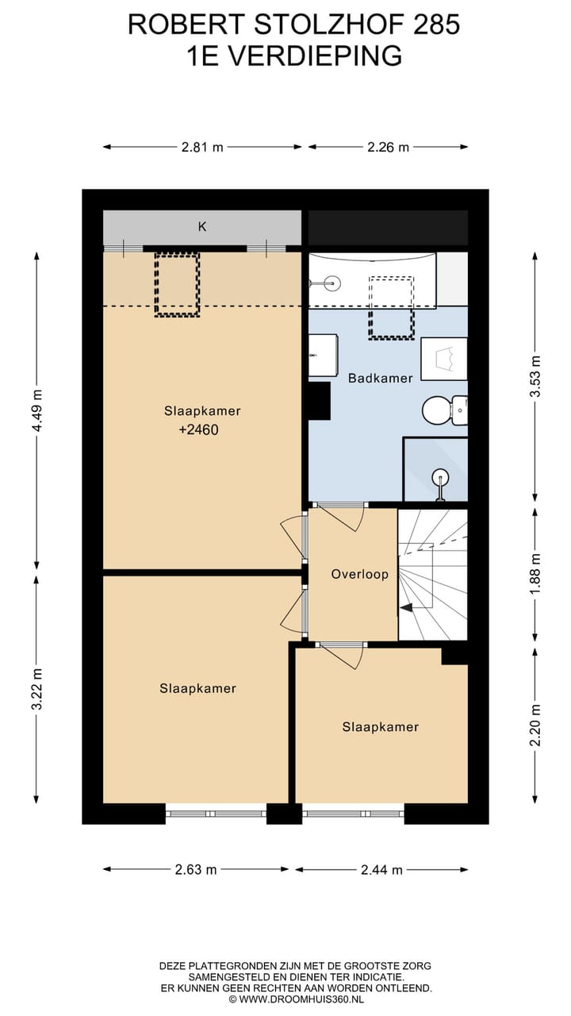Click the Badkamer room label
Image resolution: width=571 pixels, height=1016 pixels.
point(380,379)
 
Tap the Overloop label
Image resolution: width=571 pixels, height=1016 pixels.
point(360,574)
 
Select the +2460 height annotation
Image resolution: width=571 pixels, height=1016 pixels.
point(198,429)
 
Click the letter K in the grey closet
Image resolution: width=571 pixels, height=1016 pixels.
point(202,227)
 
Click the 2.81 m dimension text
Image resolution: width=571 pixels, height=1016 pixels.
point(202,147)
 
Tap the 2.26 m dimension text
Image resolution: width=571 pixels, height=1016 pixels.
point(388,147)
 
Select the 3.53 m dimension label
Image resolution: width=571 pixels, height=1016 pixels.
point(535,376)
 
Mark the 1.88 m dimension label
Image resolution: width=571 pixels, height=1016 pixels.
point(535,574)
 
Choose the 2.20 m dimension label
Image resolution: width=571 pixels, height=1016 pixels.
point(535,725)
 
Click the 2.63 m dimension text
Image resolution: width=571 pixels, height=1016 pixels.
point(196,869)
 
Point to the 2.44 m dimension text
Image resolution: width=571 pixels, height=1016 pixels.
point(381,869)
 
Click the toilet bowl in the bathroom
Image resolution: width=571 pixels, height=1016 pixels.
point(436,410)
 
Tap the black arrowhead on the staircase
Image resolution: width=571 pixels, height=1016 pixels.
point(405,608)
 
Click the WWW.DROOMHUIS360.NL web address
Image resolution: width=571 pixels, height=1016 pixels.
point(301,999)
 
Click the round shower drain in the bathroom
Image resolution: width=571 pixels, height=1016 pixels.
point(440,477)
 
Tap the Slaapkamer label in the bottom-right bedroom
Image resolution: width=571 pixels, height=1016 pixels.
point(380,727)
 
